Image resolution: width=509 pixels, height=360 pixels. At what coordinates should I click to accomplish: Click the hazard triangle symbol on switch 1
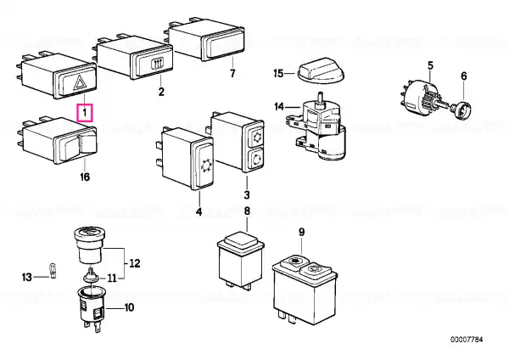pyautogui.click(x=79, y=82)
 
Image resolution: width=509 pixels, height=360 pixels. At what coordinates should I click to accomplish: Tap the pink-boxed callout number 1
pyautogui.click(x=84, y=113)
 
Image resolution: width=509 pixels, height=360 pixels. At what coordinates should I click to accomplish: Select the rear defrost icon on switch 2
pyautogui.click(x=158, y=63)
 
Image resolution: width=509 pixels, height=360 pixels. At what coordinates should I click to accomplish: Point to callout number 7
pyautogui.click(x=232, y=74)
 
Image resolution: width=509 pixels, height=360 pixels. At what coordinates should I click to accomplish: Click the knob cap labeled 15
pyautogui.click(x=321, y=71)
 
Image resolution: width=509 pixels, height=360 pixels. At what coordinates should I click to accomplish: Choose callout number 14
pyautogui.click(x=279, y=107)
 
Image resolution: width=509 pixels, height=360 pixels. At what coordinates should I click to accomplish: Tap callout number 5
pyautogui.click(x=430, y=65)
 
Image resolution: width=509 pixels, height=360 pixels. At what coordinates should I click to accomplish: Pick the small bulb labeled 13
pyautogui.click(x=53, y=271)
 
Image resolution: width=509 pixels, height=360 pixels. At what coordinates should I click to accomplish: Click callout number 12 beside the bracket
pyautogui.click(x=135, y=263)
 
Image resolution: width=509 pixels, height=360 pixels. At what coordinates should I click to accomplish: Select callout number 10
pyautogui.click(x=129, y=307)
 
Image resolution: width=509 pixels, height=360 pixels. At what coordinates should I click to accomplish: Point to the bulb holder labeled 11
pyautogui.click(x=92, y=276)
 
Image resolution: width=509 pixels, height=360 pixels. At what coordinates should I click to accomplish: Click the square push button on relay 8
pyautogui.click(x=240, y=239)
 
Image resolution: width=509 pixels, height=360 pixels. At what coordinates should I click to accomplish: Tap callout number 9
pyautogui.click(x=301, y=233)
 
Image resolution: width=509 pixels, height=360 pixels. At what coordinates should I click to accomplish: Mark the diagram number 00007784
pyautogui.click(x=467, y=340)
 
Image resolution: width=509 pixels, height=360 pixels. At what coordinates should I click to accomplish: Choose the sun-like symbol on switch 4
pyautogui.click(x=205, y=166)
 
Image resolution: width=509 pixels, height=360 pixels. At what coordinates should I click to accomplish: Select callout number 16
pyautogui.click(x=85, y=177)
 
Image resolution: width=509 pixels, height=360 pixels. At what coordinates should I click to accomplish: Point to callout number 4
pyautogui.click(x=199, y=212)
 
